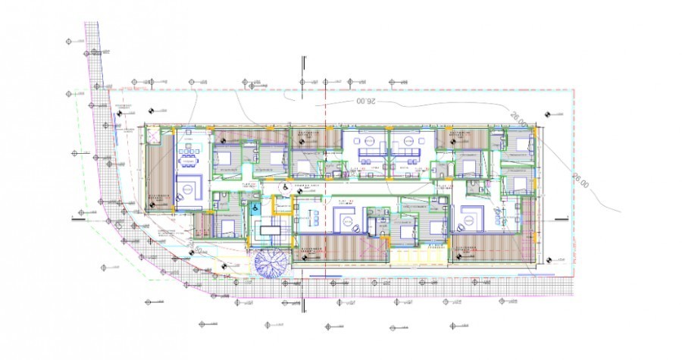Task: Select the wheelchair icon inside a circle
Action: (283, 185)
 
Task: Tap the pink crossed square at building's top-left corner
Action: (152, 133)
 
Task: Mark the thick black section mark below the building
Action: (304, 302)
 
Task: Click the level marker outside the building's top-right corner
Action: (545, 113)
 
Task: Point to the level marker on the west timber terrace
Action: (155, 203)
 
